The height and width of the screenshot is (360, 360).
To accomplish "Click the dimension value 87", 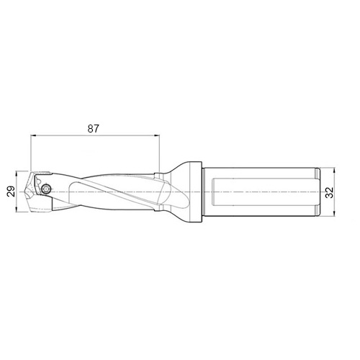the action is pyautogui.click(x=93, y=129).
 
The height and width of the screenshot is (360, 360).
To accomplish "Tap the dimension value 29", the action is pyautogui.click(x=11, y=192).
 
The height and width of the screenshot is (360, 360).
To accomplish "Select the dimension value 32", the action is pyautogui.click(x=329, y=192).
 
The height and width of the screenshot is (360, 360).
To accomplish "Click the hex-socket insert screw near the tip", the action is pyautogui.click(x=45, y=189).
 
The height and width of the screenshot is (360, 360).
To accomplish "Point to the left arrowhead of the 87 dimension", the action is pyautogui.click(x=33, y=136).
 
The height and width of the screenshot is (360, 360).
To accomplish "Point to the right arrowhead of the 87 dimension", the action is pyautogui.click(x=157, y=136).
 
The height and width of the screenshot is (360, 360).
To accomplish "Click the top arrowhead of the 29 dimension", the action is pyautogui.click(x=16, y=174).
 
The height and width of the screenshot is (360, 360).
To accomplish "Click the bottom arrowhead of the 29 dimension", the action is pyautogui.click(x=16, y=210).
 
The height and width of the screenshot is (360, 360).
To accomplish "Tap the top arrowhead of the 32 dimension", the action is pyautogui.click(x=334, y=171).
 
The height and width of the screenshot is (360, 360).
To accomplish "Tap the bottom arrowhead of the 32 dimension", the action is pyautogui.click(x=334, y=214).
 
